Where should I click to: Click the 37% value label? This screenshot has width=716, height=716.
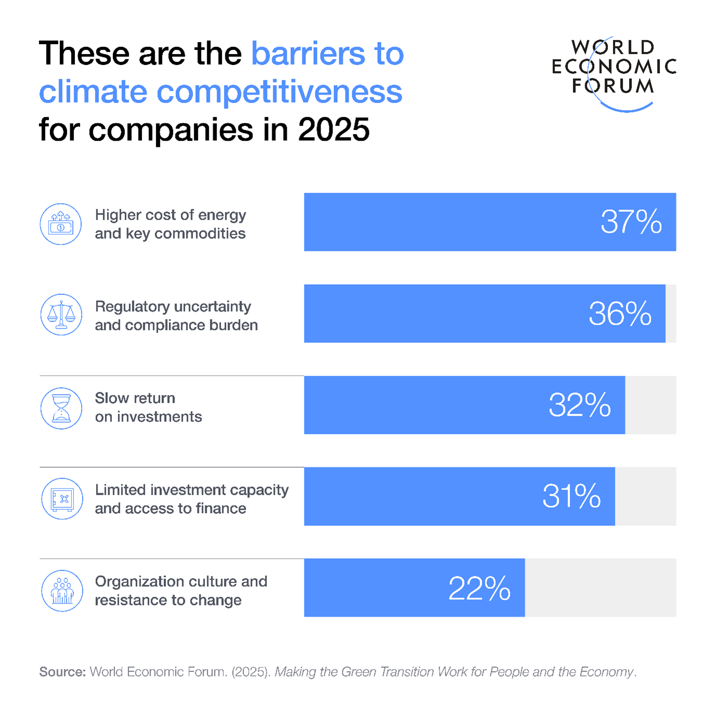point(631,222)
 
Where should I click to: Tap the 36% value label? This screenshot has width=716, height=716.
point(620,314)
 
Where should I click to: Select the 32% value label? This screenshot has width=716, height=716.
point(579,405)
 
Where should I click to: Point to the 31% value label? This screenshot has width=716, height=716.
point(571,496)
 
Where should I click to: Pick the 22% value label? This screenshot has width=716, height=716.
point(479,589)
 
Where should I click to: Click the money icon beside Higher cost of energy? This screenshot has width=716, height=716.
point(61,224)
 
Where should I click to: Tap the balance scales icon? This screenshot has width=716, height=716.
point(61,315)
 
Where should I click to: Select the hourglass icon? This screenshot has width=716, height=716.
point(61,408)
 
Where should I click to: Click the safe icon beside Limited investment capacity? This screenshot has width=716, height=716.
point(62,499)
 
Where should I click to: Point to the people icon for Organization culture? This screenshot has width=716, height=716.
point(62,591)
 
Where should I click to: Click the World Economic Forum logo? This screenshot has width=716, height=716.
point(613,73)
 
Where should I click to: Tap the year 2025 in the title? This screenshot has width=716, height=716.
point(334,130)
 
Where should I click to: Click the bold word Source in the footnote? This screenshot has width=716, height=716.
point(62,672)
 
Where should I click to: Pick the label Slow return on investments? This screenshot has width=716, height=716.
point(148,407)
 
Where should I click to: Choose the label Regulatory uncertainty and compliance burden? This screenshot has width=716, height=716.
point(176,316)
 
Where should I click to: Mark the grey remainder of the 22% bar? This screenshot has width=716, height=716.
point(600,588)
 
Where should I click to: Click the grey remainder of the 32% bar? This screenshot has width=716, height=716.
point(650,405)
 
